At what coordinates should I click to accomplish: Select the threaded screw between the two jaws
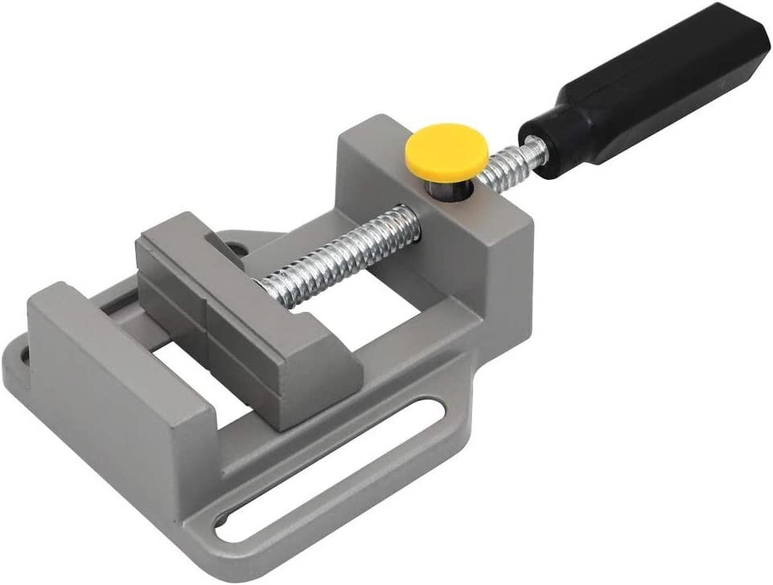pyautogui.click(x=338, y=258)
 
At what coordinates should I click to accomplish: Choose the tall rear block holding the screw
pyautogui.click(x=450, y=241)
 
